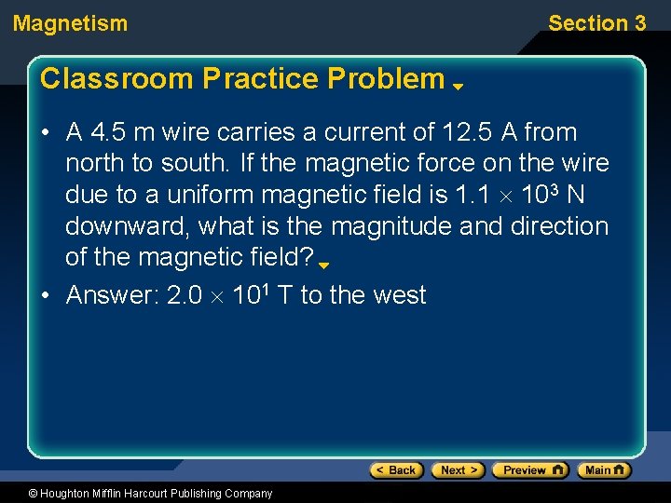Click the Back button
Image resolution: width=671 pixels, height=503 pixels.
[396, 470]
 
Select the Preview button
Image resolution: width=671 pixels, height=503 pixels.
[529, 470]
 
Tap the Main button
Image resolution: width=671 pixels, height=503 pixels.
[603, 470]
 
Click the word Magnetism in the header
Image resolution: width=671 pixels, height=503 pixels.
[71, 24]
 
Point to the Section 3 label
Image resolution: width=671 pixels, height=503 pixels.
[596, 24]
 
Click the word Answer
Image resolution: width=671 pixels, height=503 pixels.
[111, 295]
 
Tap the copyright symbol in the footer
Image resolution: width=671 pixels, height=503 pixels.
[34, 494]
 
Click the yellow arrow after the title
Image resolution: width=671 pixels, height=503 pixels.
[459, 87]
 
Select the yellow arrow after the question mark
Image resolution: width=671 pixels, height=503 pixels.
[324, 265]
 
